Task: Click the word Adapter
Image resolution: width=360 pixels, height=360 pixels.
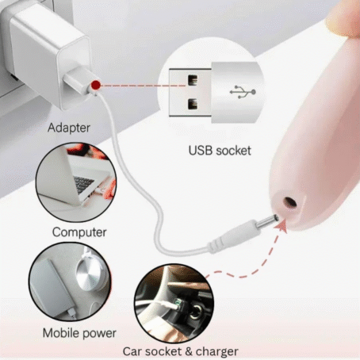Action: point(69,128)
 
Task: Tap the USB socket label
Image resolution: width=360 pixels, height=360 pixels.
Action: point(220,151)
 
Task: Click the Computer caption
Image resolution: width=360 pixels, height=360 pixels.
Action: point(79,232)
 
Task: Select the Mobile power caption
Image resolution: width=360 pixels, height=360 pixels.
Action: point(79,333)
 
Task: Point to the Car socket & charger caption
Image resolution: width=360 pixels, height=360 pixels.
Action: point(181,351)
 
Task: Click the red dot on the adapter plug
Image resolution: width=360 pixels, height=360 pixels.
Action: point(96,85)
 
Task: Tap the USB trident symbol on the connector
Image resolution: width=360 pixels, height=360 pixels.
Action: point(243,92)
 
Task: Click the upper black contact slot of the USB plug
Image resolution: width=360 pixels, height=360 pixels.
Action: point(193,80)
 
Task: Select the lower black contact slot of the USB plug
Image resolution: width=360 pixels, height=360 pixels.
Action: point(193,104)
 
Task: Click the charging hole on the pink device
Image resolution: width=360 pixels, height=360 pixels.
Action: point(290,203)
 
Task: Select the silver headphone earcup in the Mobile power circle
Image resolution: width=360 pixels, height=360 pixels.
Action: point(89,275)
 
